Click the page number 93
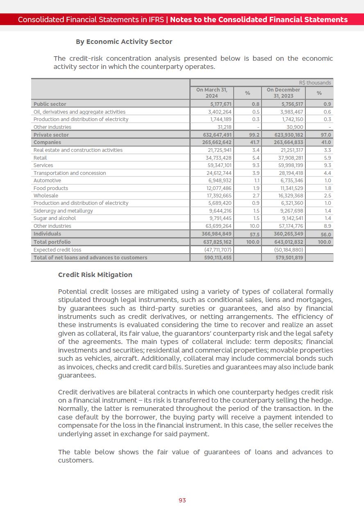(182, 500)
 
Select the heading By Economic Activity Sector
(124, 42)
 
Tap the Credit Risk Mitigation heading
(95, 275)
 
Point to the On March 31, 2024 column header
(212, 93)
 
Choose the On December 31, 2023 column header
(283, 93)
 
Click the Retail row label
(40, 158)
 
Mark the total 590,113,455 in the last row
(218, 257)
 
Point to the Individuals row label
(47, 234)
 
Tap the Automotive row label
(47, 181)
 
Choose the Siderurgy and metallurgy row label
(63, 211)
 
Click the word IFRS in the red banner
(156, 20)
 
